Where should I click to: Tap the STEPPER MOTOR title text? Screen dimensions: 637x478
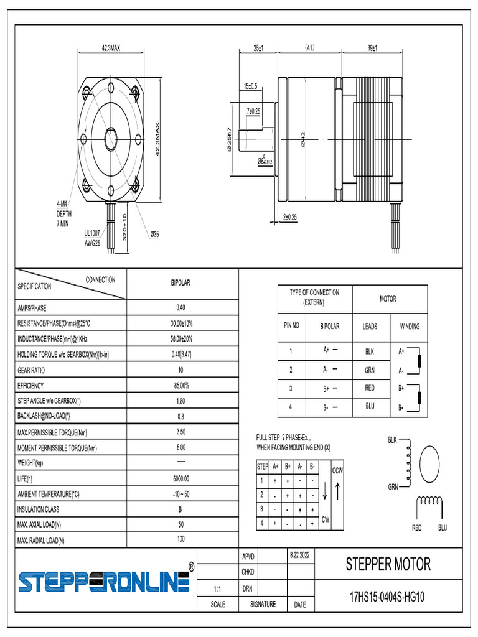coord(388,564)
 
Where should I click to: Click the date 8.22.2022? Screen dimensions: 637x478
coord(299,554)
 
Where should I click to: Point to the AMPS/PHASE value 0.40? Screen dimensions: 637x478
coord(180,307)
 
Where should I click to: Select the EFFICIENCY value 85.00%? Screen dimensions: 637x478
coord(181,386)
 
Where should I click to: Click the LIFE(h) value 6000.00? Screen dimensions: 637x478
coord(181,478)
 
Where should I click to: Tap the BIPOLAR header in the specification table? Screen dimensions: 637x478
coord(180,282)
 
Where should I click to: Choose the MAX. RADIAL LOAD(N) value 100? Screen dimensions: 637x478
coord(180,539)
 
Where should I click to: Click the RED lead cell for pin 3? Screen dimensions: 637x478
coord(370,388)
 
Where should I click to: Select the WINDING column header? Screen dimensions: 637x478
coord(409,326)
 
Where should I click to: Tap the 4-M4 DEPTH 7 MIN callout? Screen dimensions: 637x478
coord(65,213)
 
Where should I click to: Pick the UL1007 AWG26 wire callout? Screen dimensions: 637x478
coord(92,238)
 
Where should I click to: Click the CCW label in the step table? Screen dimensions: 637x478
coord(337,470)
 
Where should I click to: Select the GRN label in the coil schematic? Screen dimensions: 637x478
coord(393,487)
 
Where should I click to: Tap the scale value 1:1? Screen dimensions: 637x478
coord(217,587)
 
